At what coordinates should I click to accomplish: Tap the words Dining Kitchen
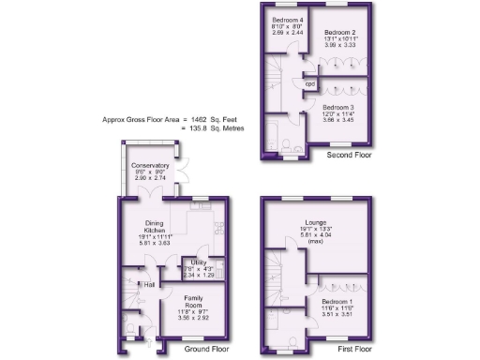155,226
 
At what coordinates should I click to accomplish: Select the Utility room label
199,262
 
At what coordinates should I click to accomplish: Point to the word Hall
148,285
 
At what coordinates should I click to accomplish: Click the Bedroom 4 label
287,20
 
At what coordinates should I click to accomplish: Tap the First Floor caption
352,349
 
